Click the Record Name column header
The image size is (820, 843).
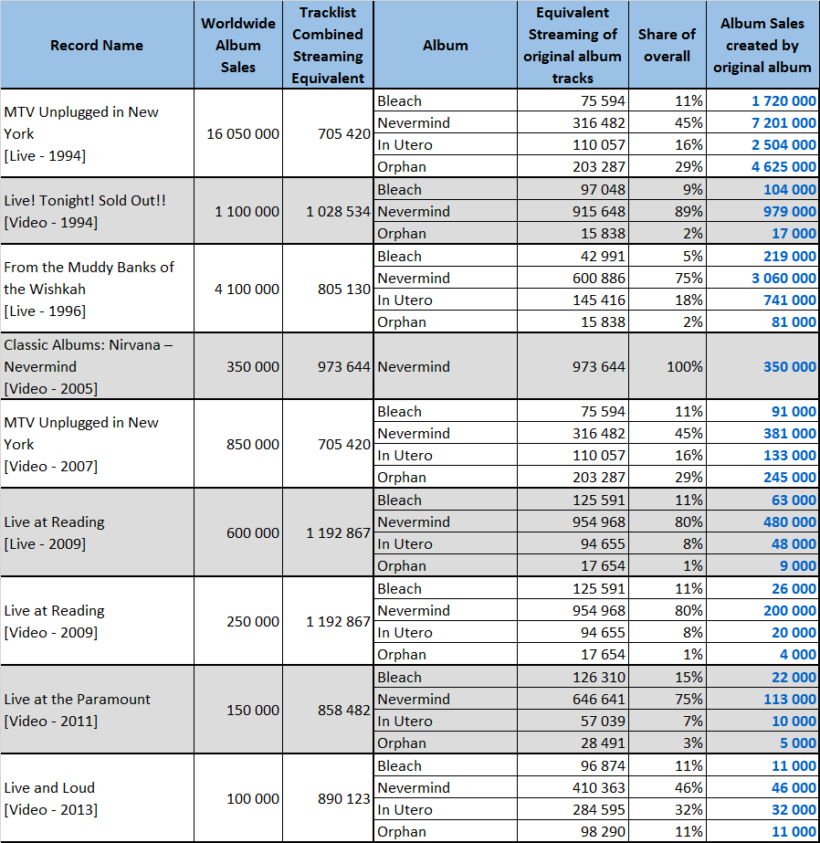tap(97, 45)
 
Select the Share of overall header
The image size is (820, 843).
tap(667, 45)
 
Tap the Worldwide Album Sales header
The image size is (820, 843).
tap(238, 45)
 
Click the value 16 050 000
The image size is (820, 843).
tap(243, 134)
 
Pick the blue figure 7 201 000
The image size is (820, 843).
tap(784, 123)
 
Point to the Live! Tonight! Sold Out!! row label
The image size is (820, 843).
tap(85, 211)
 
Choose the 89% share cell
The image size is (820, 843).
tap(689, 211)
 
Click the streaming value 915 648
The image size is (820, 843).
tap(599, 211)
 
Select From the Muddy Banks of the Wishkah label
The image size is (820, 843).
tap(89, 290)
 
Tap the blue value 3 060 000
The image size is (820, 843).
tap(784, 278)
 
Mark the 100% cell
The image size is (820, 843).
tap(685, 366)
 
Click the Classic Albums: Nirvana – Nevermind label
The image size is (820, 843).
tap(89, 366)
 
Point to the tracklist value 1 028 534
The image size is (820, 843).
tap(338, 211)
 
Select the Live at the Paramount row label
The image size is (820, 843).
tap(77, 711)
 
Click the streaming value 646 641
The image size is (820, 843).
tap(599, 699)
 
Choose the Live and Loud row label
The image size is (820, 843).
tap(50, 799)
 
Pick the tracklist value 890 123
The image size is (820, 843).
tap(344, 799)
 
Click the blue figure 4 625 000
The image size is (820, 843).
tap(784, 166)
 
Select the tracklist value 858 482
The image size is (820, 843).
tap(344, 711)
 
